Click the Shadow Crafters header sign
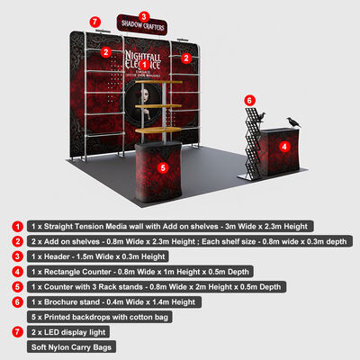click(x=142, y=26)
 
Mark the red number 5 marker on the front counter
click(x=163, y=166)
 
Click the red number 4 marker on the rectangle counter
click(x=284, y=146)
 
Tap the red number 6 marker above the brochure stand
click(x=250, y=100)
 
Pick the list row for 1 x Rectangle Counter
click(x=144, y=271)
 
